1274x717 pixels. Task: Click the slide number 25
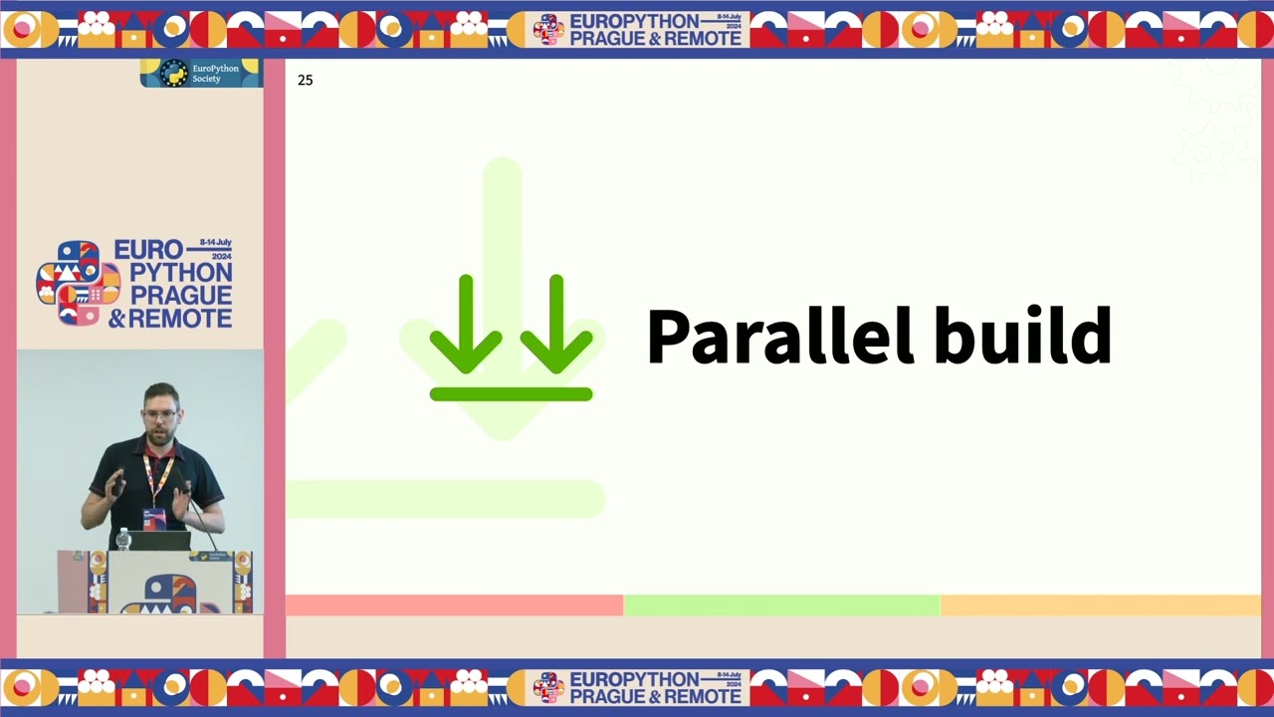[x=305, y=81]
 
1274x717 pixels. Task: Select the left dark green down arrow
[x=466, y=324]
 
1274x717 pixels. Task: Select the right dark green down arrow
[x=555, y=324]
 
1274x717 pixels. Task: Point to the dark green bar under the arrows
[x=511, y=394]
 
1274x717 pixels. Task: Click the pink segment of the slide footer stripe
[x=454, y=605]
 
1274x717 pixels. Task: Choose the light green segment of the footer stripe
[x=781, y=605]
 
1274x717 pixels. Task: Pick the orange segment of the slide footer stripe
[x=1100, y=605]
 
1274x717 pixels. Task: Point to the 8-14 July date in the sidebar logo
[x=215, y=243]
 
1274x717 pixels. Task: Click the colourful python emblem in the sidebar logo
[x=78, y=283]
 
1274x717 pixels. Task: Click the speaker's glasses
[x=160, y=413]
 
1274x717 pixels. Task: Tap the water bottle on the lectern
[x=123, y=539]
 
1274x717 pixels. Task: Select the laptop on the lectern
[x=160, y=541]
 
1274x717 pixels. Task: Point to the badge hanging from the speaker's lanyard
[x=153, y=518]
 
